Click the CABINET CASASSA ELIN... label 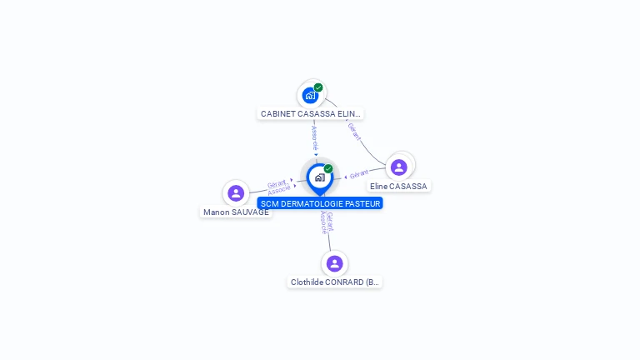310,113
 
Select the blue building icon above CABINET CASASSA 310,96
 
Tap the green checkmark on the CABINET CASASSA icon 318,87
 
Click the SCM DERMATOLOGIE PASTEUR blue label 320,203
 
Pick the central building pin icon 319,177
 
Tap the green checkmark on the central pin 328,169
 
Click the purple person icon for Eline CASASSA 399,167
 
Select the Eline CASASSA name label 398,187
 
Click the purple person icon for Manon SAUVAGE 236,193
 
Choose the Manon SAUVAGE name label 236,212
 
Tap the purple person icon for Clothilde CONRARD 335,263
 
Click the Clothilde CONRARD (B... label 335,282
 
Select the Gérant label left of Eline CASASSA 359,175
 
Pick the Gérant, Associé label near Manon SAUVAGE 278,187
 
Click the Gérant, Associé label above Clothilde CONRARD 327,222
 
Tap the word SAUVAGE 251,212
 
